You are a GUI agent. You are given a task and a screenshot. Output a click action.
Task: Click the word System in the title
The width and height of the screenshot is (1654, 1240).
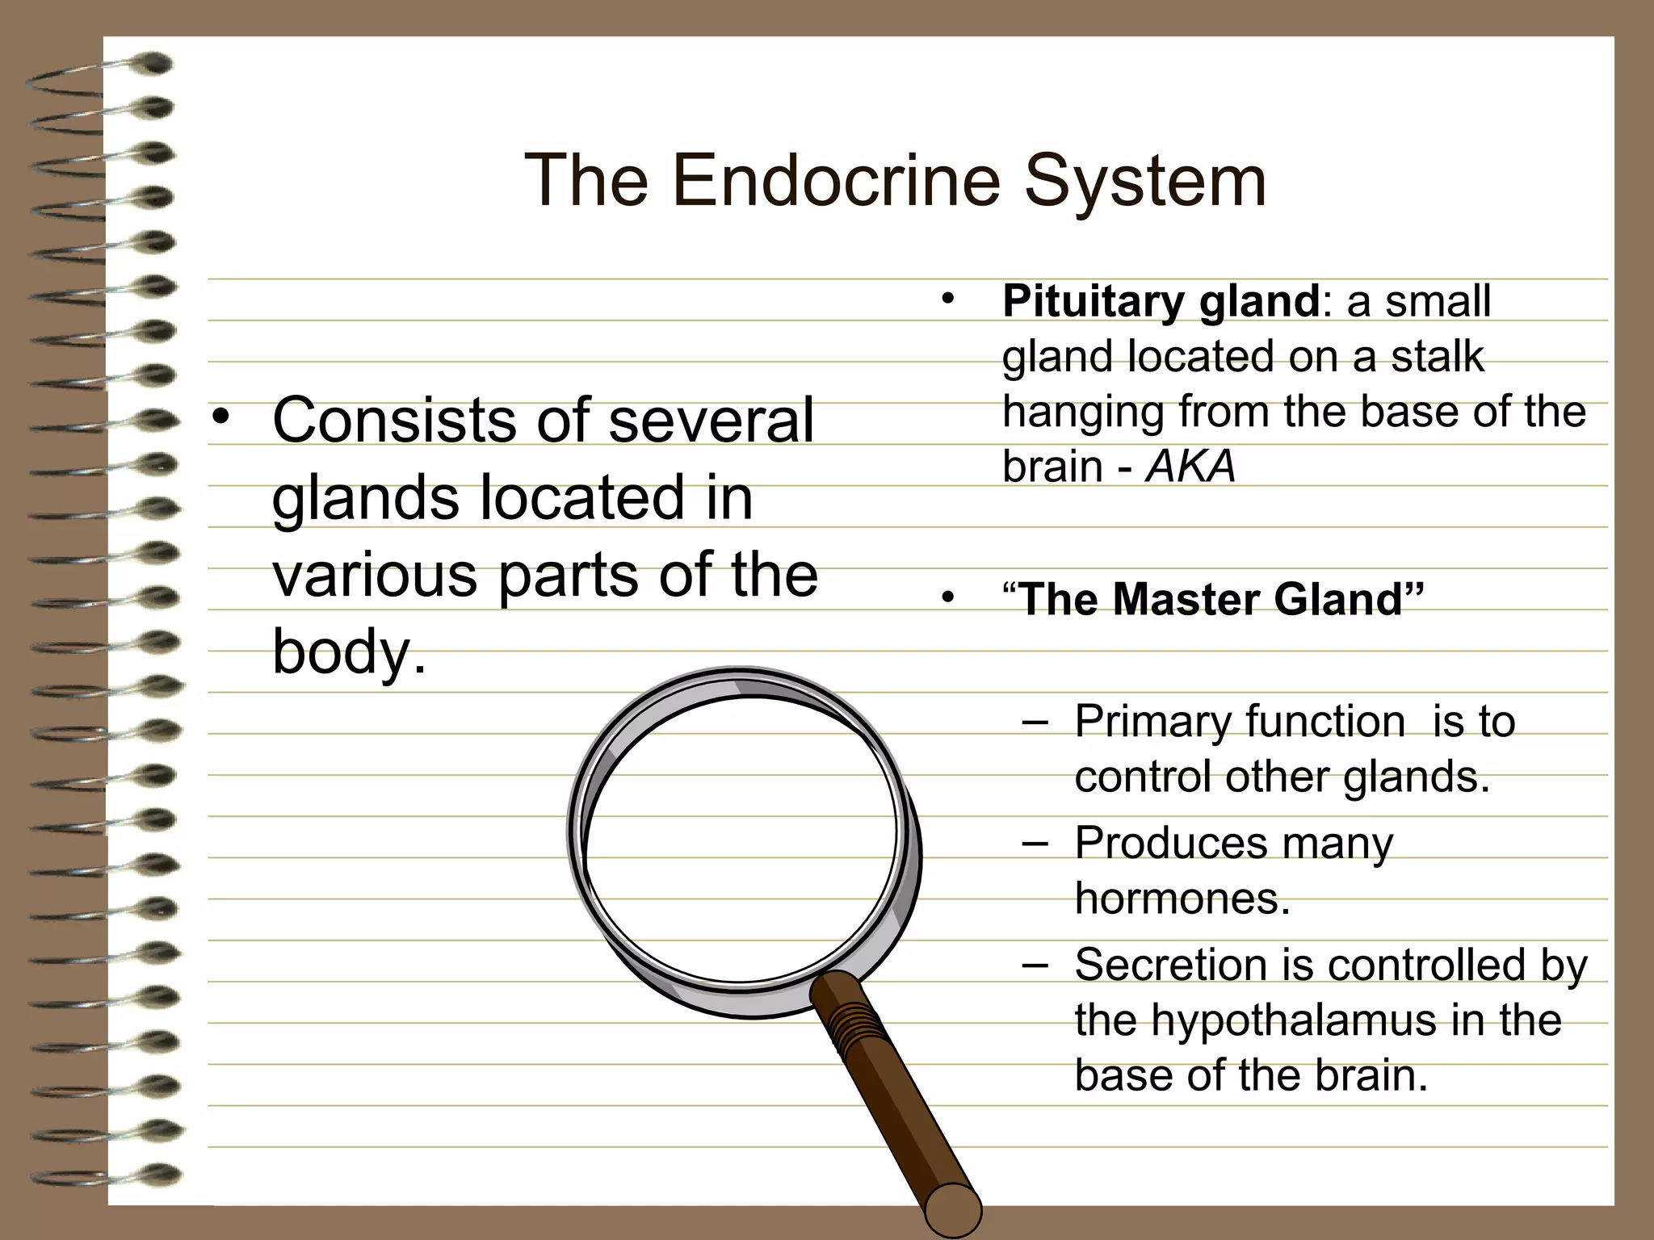(x=1145, y=182)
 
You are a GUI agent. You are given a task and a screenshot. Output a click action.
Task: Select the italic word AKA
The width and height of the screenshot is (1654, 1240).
(x=1190, y=467)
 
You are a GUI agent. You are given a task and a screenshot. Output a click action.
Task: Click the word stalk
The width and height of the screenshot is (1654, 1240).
(x=1437, y=357)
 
